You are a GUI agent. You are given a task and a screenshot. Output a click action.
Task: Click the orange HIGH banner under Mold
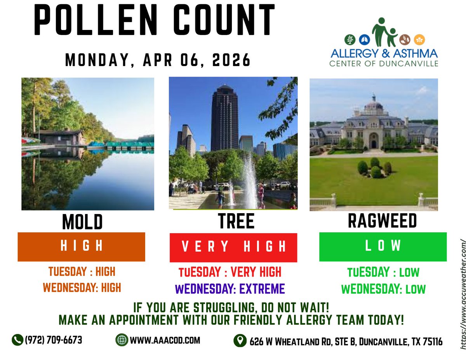[x=82, y=247]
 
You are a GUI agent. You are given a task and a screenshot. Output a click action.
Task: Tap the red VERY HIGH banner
[x=233, y=247]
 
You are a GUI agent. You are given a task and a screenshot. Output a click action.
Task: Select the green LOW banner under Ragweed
[x=383, y=246]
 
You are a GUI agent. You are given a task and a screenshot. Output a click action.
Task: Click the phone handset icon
[x=17, y=340]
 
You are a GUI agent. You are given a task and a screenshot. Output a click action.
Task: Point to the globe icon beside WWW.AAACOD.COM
[x=122, y=340]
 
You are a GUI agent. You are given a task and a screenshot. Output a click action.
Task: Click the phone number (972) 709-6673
[x=54, y=340]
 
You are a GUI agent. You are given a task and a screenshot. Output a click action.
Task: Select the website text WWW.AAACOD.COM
[x=165, y=340]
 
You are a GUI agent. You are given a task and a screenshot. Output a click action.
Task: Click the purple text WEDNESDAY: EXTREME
[x=230, y=289]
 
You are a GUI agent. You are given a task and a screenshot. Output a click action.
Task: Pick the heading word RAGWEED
[x=382, y=221]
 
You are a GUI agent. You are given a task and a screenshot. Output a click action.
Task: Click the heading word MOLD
[x=82, y=222]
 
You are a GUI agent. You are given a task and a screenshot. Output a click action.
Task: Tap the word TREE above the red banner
[x=236, y=222]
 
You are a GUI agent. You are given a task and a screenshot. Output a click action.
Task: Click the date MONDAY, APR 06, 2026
[x=158, y=60]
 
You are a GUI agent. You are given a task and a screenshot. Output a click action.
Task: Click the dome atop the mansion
[x=374, y=104]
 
